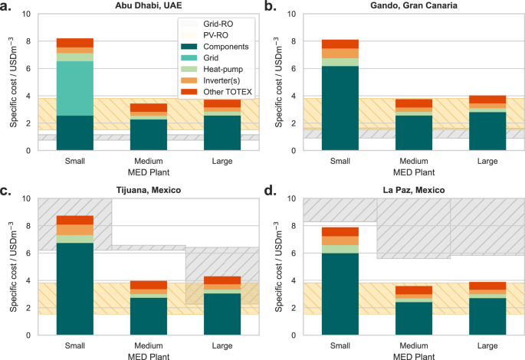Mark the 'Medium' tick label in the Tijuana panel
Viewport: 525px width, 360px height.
point(148,345)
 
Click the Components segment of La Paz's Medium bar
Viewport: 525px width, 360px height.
point(415,318)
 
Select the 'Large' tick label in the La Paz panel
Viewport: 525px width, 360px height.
point(488,345)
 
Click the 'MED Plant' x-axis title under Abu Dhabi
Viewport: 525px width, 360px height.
point(148,171)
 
